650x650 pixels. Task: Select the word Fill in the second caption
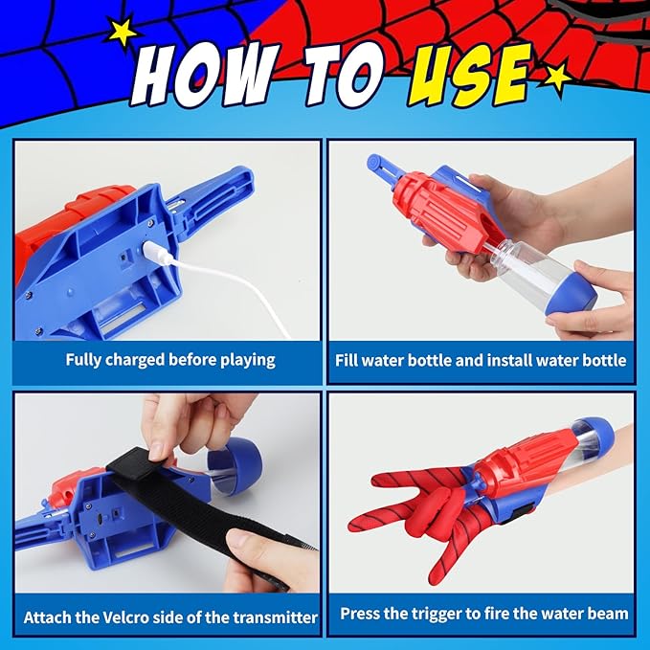(348, 361)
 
